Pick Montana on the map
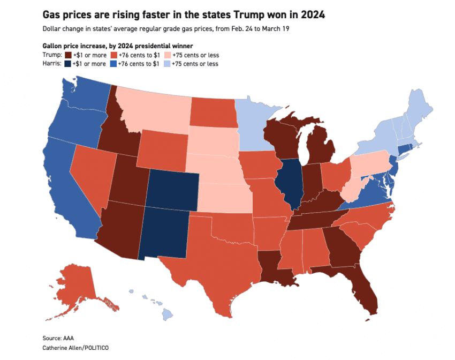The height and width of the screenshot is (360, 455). pos(155,107)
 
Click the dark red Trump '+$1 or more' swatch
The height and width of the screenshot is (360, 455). pos(68,55)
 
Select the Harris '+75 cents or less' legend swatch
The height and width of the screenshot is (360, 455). pos(167,64)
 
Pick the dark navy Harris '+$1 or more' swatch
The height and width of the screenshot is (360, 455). pos(68,64)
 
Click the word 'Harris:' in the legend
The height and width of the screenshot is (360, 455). pos(52,64)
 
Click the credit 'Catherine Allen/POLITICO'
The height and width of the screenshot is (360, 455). pos(73,348)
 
